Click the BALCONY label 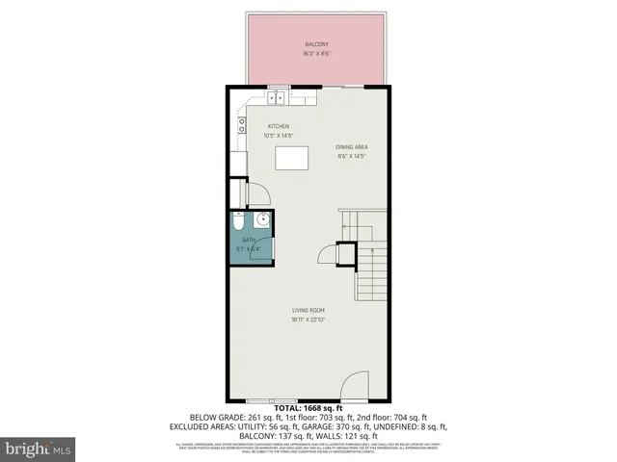pos(317,44)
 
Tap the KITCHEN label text pos(279,126)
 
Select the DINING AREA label pos(352,147)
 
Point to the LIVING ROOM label pos(310,309)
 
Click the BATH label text pos(249,240)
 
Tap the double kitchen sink pos(277,96)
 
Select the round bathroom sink pos(258,220)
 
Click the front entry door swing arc pos(354,389)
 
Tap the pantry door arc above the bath pos(257,194)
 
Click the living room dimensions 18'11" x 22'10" pos(310,320)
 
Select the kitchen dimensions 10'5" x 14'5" pos(279,136)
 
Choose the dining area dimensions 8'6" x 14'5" pos(352,156)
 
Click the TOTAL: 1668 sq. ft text pos(308,409)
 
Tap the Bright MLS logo pos(38,449)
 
